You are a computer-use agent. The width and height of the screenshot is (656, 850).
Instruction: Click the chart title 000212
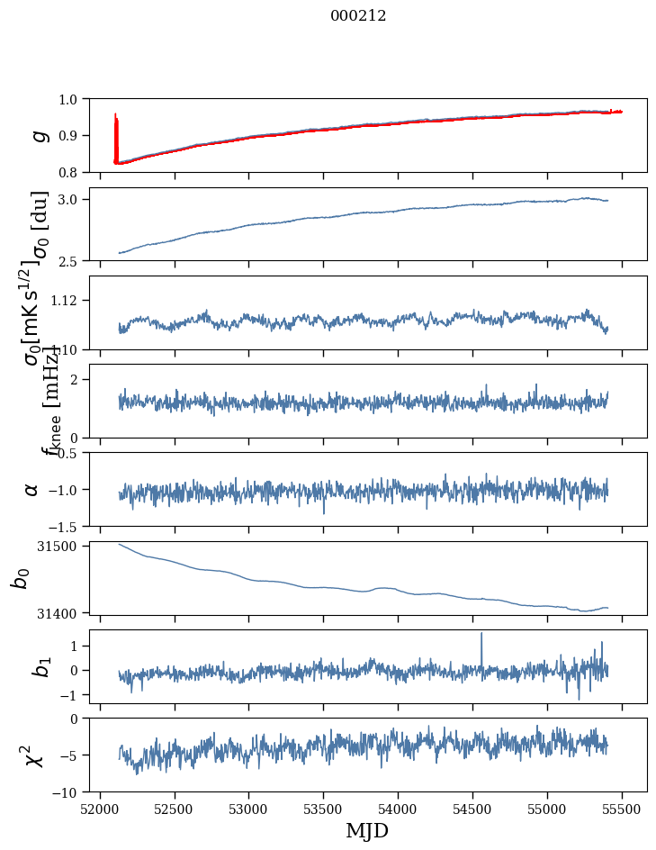click(x=358, y=15)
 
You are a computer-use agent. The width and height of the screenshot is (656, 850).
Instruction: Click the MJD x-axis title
click(x=367, y=830)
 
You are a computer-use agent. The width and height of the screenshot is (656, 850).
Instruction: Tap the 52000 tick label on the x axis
click(x=99, y=808)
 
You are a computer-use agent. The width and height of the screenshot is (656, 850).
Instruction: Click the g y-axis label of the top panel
click(x=38, y=135)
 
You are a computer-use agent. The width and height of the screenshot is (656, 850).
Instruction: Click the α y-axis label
click(x=31, y=489)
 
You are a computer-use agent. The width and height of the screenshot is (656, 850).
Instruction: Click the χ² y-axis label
click(x=33, y=755)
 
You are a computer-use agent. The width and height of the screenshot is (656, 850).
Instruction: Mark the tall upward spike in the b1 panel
click(x=481, y=636)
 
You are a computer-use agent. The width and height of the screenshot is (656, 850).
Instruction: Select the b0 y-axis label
click(x=21, y=577)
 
